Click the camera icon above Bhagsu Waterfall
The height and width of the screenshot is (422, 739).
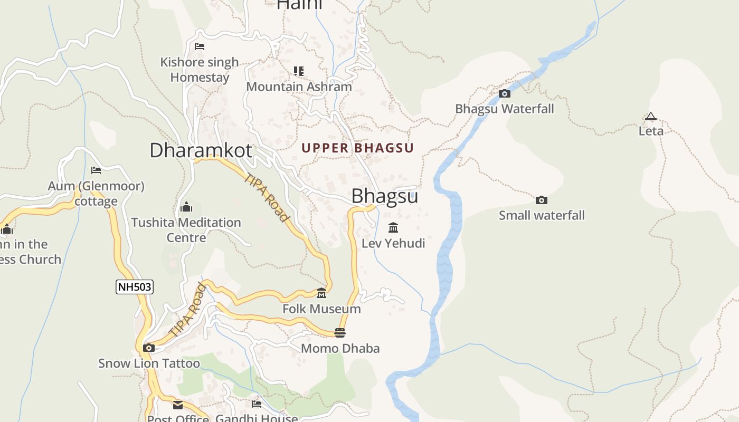coord(505,94)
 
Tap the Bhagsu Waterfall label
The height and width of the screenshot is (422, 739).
coord(505,109)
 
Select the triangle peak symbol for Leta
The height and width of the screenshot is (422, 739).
coord(651,116)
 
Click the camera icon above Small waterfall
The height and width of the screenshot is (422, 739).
coord(542,200)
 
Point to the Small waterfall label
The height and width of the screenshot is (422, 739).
coord(542,215)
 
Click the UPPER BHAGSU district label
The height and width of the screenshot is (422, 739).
coord(358,148)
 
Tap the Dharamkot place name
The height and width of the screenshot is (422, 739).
coord(201,150)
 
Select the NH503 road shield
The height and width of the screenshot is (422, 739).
coord(135,287)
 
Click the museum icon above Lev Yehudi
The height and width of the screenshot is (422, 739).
coord(393,228)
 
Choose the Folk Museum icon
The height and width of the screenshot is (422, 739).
coord(321,293)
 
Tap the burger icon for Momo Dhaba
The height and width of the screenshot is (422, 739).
coord(340,333)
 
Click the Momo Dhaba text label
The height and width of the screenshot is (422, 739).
coord(340,348)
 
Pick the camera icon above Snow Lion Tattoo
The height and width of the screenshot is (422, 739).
coord(149,348)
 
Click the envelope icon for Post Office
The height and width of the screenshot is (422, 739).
coord(178,405)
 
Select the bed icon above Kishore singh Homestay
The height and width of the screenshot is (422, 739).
coord(200,46)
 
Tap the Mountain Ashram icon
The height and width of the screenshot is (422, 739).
coord(299,71)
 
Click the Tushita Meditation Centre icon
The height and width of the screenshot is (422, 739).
coord(186,207)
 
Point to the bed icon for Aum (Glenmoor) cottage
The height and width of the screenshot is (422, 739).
coord(96,170)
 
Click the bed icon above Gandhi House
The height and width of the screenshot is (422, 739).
coord(257,404)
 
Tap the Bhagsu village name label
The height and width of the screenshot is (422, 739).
coord(384,196)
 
